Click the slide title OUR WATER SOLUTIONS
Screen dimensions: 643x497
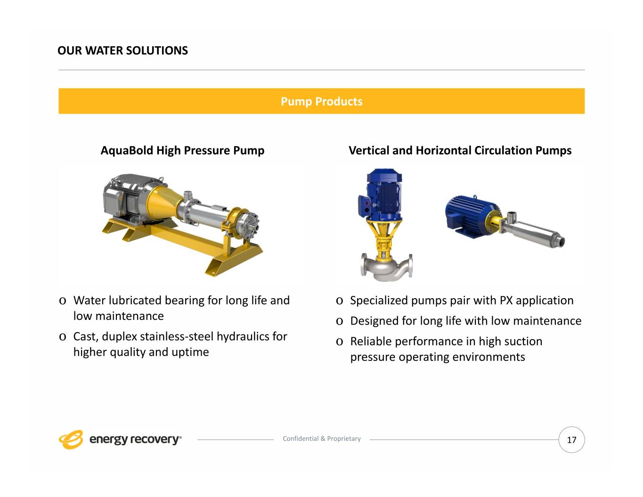click(x=122, y=50)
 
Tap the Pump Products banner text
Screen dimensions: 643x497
click(x=321, y=101)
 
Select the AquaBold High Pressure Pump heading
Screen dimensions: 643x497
click(x=182, y=151)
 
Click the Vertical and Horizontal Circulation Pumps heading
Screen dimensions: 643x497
click(x=460, y=150)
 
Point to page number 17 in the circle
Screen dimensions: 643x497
click(x=571, y=440)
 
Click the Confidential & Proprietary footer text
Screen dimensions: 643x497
click(x=322, y=439)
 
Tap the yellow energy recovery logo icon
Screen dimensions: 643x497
click(x=71, y=440)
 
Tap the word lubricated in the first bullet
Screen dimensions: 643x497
click(x=135, y=300)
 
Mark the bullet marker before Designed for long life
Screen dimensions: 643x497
click(x=340, y=321)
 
